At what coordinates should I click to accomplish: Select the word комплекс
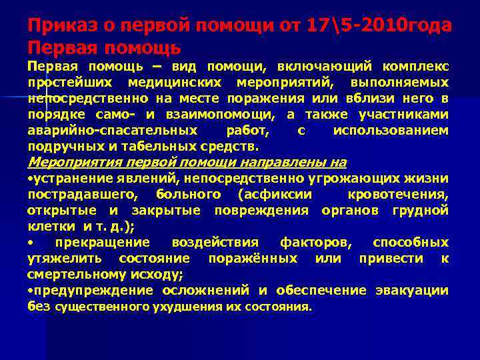coord(415,67)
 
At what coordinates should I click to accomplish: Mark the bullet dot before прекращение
coord(31,242)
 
